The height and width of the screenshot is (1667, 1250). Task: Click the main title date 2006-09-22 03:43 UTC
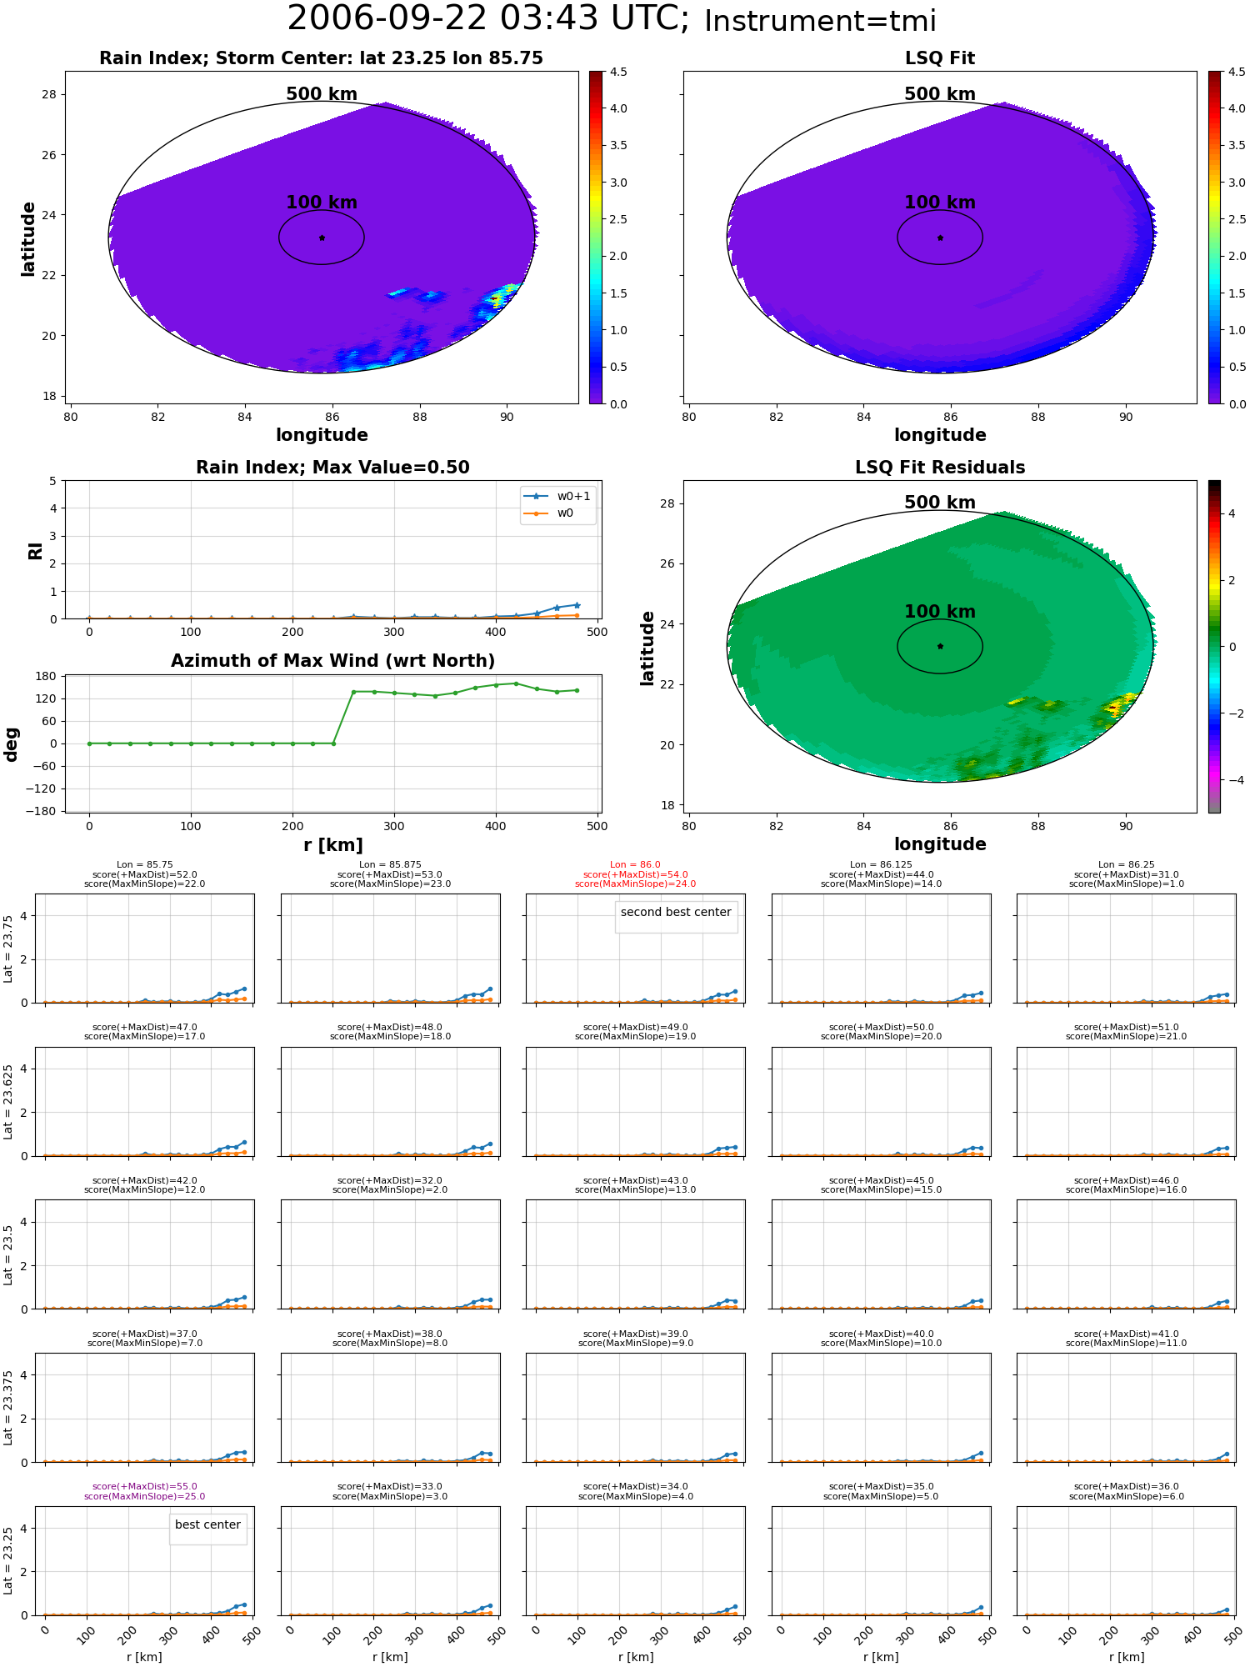[x=488, y=19]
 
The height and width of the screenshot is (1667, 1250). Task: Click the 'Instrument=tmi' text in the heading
[x=820, y=22]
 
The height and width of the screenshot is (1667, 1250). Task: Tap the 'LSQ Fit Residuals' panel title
[x=940, y=468]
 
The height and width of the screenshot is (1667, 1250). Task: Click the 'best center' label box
[x=207, y=1524]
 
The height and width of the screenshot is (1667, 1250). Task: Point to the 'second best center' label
[x=676, y=912]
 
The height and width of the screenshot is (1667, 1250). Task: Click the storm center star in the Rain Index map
[x=322, y=238]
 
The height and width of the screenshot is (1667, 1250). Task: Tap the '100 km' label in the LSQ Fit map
[x=940, y=203]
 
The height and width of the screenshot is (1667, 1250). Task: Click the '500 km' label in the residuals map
[x=940, y=503]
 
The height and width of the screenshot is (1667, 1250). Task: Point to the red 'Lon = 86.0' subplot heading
[x=635, y=865]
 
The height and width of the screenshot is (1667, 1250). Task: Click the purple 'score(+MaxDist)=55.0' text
[x=145, y=1486]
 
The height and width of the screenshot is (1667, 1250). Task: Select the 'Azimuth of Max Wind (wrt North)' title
[x=332, y=661]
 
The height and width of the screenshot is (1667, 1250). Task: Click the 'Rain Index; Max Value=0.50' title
[x=332, y=468]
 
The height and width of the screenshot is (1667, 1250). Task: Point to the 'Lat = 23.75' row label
[x=8, y=949]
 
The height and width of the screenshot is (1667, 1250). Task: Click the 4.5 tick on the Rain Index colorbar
[x=618, y=72]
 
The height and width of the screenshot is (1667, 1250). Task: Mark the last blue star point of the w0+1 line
[x=577, y=605]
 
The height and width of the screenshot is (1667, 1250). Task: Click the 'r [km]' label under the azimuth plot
[x=332, y=845]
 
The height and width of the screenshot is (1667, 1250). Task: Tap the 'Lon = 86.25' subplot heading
[x=1126, y=865]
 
